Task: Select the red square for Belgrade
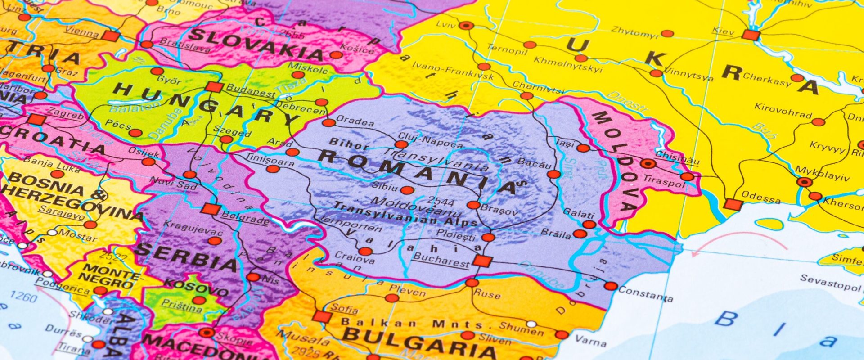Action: pyautogui.click(x=211, y=209)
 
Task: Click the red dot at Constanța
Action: pyautogui.click(x=611, y=286)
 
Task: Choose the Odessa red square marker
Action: pyautogui.click(x=733, y=205)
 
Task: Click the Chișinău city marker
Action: pyautogui.click(x=648, y=163)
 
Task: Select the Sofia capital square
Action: pyautogui.click(x=322, y=316)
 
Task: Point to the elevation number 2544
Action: pyautogui.click(x=442, y=200)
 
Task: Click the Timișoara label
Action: pyautogui.click(x=270, y=160)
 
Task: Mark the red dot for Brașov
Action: pyautogui.click(x=473, y=205)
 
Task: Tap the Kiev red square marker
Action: pyautogui.click(x=751, y=35)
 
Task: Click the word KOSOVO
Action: pyautogui.click(x=196, y=287)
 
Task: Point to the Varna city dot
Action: pyautogui.click(x=562, y=334)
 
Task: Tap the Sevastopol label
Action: pyautogui.click(x=830, y=283)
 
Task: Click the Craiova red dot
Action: pyautogui.click(x=365, y=251)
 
